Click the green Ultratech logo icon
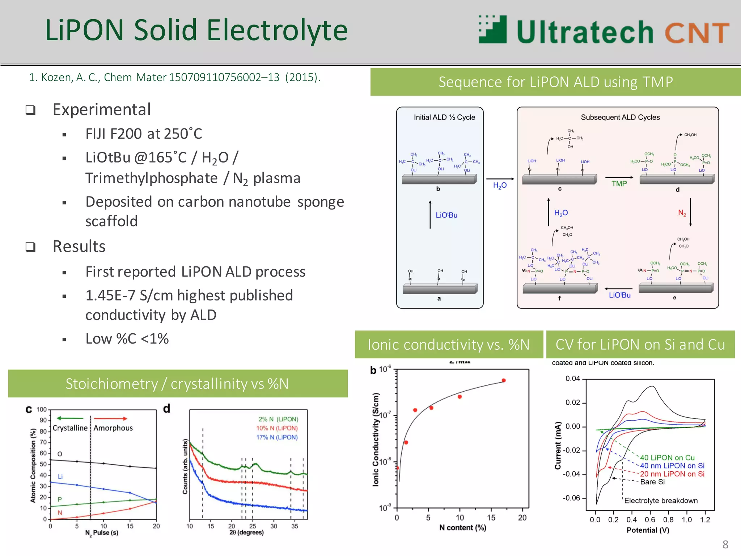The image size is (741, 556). pyautogui.click(x=493, y=30)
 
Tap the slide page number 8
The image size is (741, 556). pyautogui.click(x=725, y=544)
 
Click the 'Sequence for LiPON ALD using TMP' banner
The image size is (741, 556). pyautogui.click(x=555, y=82)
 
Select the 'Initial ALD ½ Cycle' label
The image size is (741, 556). pyautogui.click(x=444, y=117)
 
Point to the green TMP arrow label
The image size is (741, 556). pyautogui.click(x=619, y=184)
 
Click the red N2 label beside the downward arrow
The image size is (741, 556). pyautogui.click(x=682, y=213)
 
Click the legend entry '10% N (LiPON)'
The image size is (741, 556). pyautogui.click(x=277, y=428)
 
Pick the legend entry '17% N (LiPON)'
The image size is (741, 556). pyautogui.click(x=277, y=437)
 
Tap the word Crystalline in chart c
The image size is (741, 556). pyautogui.click(x=70, y=428)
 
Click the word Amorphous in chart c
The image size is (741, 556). pyautogui.click(x=113, y=428)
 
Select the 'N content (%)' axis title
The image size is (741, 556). pyautogui.click(x=462, y=527)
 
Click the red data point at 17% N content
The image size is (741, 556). pyautogui.click(x=504, y=380)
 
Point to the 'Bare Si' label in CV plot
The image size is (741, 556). pyautogui.click(x=652, y=482)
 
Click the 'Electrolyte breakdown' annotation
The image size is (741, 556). pyautogui.click(x=661, y=501)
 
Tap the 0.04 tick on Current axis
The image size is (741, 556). pyautogui.click(x=572, y=379)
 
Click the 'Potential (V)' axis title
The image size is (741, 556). pyautogui.click(x=648, y=530)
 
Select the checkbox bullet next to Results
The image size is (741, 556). pyautogui.click(x=31, y=247)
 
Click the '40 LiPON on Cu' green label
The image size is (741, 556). pyautogui.click(x=667, y=458)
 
